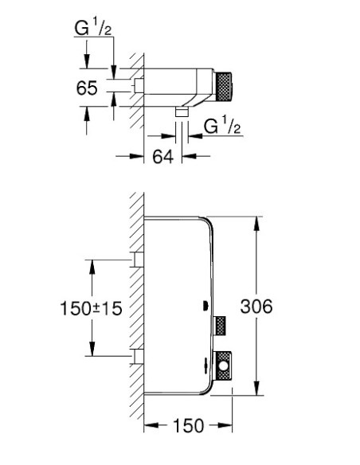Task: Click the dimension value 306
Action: point(256,306)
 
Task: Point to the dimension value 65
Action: point(88,88)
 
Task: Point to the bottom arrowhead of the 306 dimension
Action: point(256,392)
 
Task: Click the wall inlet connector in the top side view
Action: point(139,84)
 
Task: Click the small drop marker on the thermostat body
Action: point(205,307)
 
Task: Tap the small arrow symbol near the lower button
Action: point(205,367)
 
